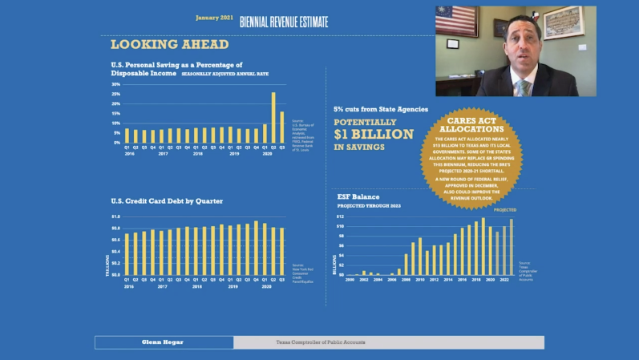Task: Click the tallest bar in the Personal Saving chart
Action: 273,117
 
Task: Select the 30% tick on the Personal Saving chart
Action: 115,84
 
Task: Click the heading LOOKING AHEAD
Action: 169,45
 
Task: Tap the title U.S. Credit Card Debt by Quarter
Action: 167,200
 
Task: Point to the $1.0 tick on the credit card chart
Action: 115,217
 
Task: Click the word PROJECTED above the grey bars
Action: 505,209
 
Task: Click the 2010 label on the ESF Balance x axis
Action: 420,280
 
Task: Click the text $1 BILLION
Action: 374,134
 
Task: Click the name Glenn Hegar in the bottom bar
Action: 164,342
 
